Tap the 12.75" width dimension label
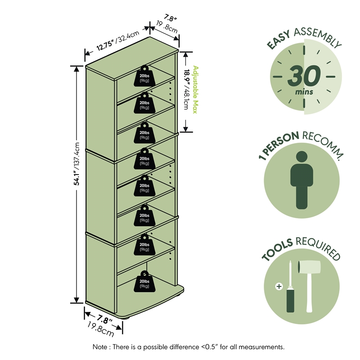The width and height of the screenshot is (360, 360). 105,45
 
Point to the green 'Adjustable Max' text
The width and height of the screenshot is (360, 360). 195,90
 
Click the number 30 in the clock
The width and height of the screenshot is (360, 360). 304,76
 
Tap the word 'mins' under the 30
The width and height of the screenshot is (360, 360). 304,92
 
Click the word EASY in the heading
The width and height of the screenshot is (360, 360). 279,40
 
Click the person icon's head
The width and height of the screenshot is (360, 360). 301,157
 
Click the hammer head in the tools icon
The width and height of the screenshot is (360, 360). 309,267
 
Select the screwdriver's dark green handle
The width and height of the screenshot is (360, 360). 290,301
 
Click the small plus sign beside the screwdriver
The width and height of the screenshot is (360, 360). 279,286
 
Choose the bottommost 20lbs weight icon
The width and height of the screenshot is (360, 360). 144,282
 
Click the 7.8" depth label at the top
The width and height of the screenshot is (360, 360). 170,18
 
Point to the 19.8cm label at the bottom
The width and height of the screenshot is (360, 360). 101,329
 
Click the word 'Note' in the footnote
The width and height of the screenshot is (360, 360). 99,346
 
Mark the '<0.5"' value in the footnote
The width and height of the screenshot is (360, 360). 209,346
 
